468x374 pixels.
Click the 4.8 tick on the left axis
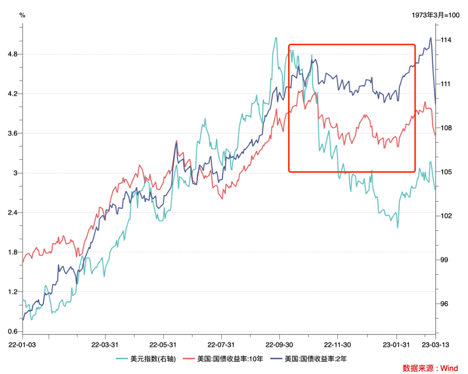pos(12,54)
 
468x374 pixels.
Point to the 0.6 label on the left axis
pos(12,331)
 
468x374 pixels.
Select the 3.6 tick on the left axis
pos(12,133)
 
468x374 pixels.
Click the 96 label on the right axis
pos(444,304)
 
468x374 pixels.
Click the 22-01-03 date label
pos(23,344)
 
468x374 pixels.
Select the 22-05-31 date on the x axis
pos(162,344)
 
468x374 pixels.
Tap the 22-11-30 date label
pos(338,344)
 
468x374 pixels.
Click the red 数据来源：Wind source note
pos(430,368)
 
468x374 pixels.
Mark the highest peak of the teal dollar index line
pos(276,38)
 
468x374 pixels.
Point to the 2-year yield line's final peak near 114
pos(431,38)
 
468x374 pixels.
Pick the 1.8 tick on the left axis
pos(12,252)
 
